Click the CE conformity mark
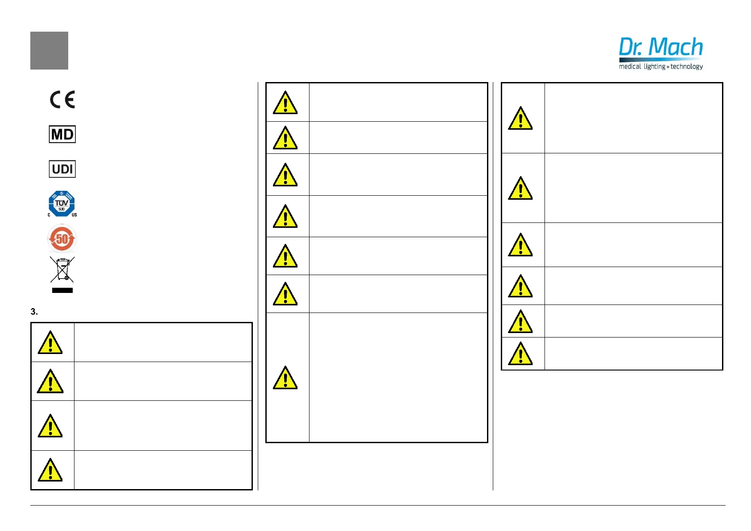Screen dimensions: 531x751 coord(62,99)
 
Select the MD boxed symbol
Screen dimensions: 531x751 coord(62,134)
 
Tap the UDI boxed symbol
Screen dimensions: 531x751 coord(62,169)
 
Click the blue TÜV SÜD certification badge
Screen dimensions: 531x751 coord(62,204)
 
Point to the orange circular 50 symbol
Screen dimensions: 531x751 coord(62,239)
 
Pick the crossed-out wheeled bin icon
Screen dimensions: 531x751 coord(62,269)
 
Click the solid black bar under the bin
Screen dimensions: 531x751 coord(62,290)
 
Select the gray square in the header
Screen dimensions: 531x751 coord(49,50)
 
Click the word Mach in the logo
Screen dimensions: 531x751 coord(675,47)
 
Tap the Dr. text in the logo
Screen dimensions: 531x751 coord(631,47)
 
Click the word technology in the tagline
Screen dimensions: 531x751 coord(687,66)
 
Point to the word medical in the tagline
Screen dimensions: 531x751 coord(630,66)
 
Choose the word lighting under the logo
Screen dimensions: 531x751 coord(654,66)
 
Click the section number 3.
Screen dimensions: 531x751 coord(34,312)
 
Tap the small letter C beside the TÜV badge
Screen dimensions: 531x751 coord(49,215)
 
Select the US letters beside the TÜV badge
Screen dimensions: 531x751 coord(74,215)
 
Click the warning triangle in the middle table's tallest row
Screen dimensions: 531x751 coord(285,378)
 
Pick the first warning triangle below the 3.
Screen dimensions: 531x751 coord(50,343)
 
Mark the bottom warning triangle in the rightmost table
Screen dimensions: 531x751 coord(520,354)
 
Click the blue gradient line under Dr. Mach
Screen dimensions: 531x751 coord(660,59)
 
